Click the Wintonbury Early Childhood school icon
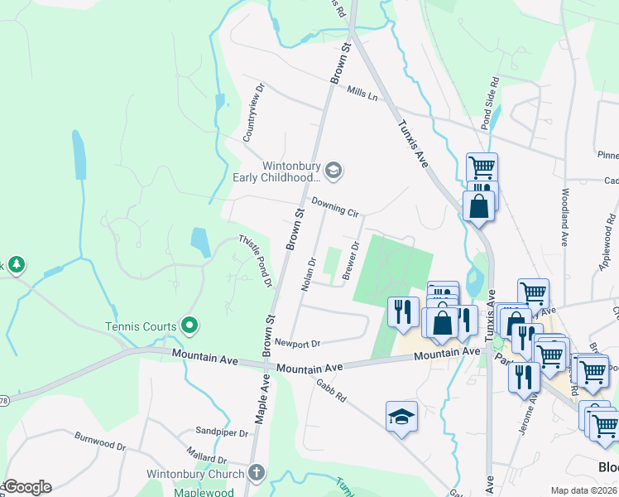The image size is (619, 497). click(x=333, y=171)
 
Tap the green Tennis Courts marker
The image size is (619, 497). click(x=190, y=326)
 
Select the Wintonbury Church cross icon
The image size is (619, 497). click(x=257, y=474)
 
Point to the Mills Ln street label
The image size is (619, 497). click(x=362, y=94)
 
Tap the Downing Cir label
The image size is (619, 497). click(x=335, y=207)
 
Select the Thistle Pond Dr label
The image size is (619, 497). click(x=256, y=260)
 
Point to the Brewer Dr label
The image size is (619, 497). click(x=351, y=260)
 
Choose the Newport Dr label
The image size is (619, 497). click(x=297, y=343)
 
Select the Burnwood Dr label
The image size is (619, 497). click(x=99, y=441)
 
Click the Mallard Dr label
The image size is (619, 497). click(x=207, y=458)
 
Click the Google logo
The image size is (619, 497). click(x=27, y=487)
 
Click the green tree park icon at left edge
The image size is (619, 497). click(x=16, y=265)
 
